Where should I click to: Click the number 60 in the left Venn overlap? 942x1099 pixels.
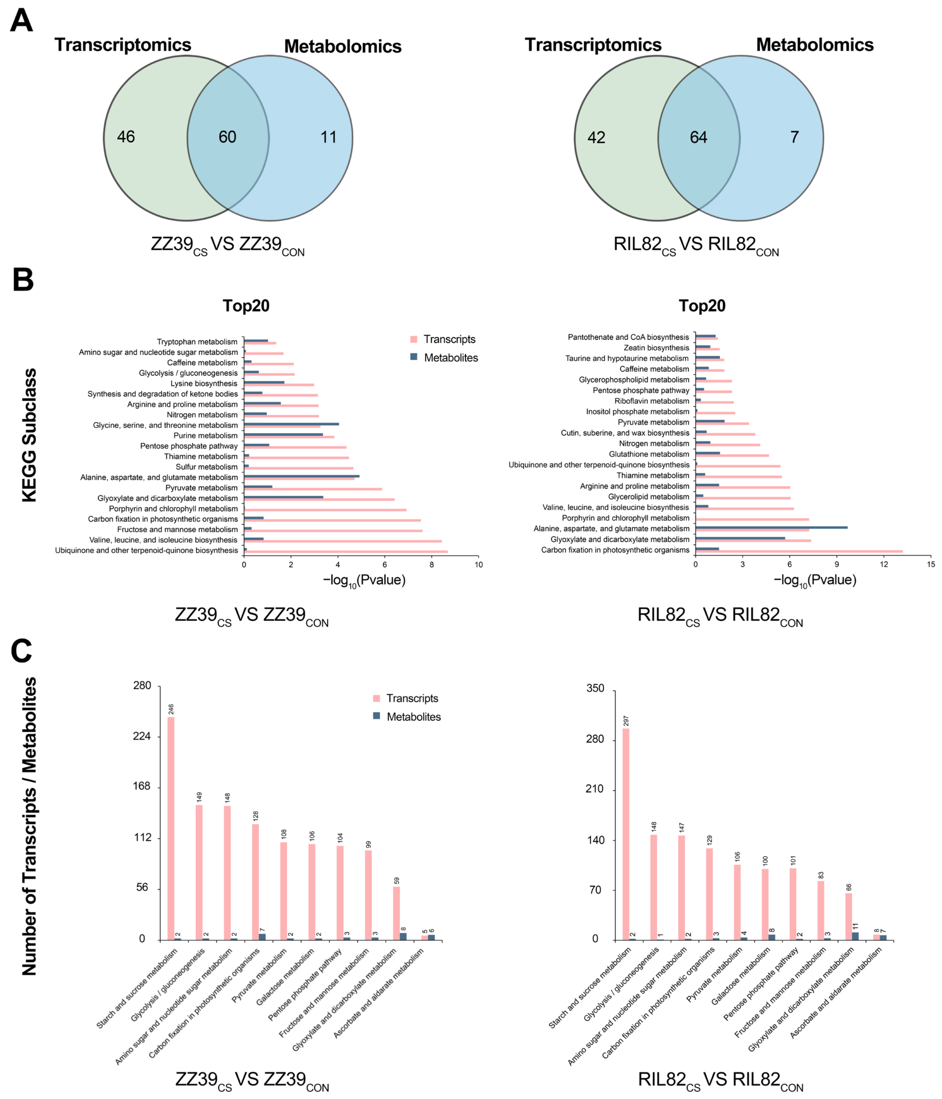[227, 137]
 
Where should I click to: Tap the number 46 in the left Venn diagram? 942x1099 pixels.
[126, 137]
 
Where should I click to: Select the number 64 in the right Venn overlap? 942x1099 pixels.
[698, 137]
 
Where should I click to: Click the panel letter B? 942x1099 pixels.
[23, 280]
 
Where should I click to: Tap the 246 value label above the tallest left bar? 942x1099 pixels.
[171, 709]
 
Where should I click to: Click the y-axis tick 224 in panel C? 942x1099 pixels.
[142, 736]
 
